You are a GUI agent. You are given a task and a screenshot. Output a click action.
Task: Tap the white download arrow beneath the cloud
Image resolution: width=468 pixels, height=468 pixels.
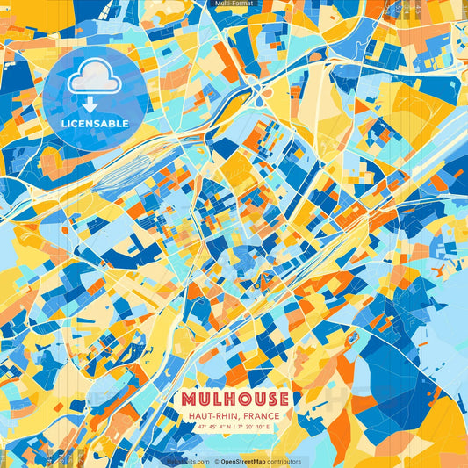click(x=90, y=104)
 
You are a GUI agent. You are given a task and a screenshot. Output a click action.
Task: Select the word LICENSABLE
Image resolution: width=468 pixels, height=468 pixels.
click(x=95, y=124)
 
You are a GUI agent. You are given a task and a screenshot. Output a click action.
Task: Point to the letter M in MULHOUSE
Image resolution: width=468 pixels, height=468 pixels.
click(x=186, y=399)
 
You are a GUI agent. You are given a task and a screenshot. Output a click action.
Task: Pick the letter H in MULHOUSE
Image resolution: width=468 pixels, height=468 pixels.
click(x=227, y=399)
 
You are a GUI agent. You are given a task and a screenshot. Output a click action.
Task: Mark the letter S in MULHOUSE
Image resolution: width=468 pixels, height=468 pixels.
click(x=269, y=399)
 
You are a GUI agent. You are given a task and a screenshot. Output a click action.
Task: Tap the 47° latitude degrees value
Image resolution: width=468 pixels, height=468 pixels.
click(x=201, y=428)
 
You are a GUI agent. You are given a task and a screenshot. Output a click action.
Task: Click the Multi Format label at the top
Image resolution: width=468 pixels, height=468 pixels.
click(x=234, y=4)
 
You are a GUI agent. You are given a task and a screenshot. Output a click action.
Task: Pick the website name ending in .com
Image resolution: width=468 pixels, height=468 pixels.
click(x=188, y=461)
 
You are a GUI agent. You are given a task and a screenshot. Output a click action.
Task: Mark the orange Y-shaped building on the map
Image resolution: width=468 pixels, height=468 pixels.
click(x=352, y=339)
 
